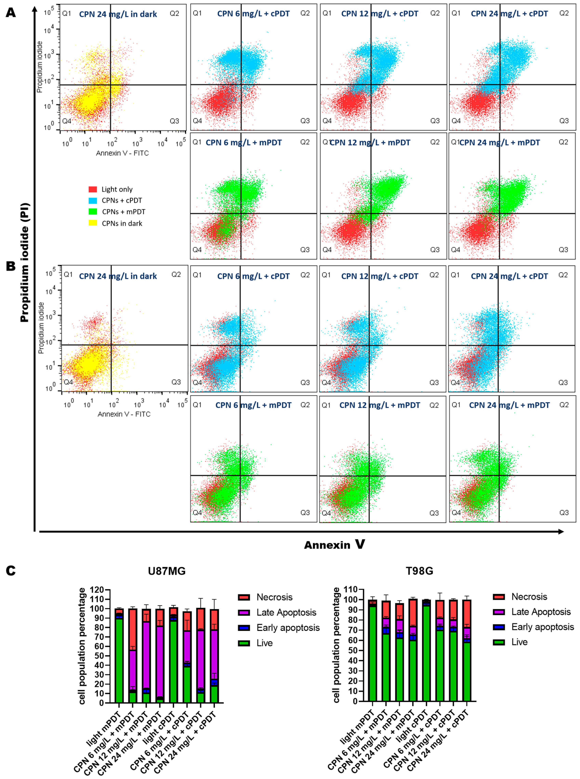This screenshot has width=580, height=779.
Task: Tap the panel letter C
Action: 11,571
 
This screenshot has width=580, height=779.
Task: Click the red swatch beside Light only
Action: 93,189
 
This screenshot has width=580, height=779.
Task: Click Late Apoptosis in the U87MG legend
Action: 286,612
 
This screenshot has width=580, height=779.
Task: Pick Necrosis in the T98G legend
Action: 529,597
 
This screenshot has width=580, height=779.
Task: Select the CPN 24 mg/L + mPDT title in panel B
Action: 509,405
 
